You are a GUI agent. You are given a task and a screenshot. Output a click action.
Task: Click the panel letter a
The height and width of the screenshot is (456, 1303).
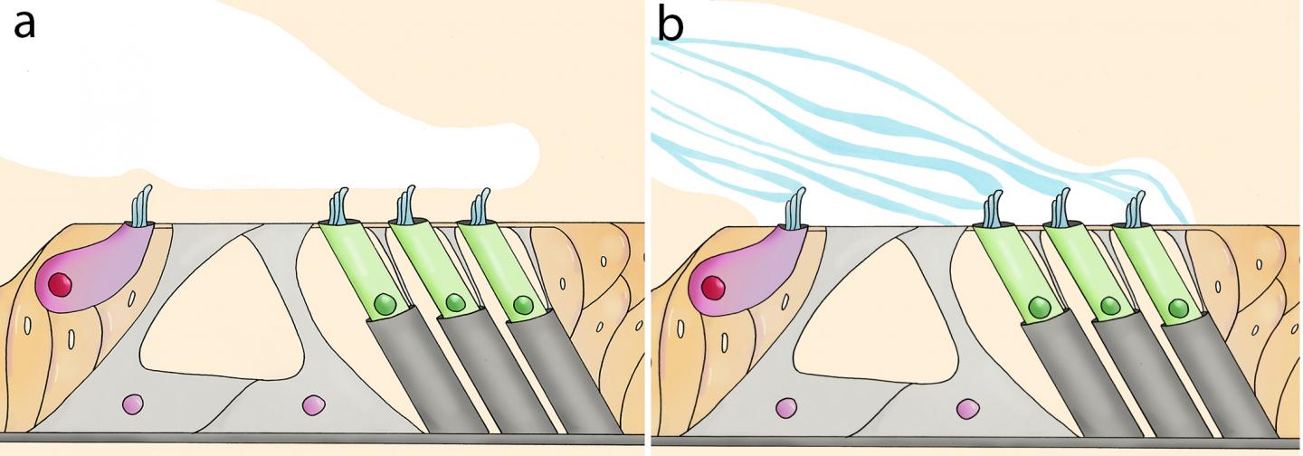24,24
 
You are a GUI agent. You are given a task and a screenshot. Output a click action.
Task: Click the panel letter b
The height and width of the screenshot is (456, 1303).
671,25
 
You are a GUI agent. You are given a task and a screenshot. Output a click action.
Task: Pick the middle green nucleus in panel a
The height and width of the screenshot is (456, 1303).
455,304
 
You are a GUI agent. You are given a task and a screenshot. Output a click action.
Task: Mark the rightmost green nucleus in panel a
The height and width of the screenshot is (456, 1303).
523,305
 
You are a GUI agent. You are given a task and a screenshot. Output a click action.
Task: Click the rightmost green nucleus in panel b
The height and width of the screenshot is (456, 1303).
1178,309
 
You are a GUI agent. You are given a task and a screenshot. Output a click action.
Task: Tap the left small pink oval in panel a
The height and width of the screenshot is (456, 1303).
132,404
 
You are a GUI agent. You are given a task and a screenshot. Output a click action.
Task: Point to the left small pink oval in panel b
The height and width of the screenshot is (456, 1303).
785,409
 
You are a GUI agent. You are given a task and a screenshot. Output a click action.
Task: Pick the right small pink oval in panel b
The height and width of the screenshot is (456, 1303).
967,409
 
